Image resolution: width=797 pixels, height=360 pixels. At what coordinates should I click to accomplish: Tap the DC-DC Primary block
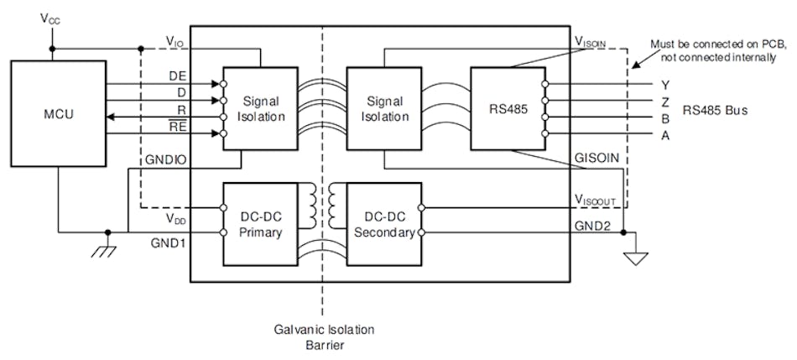259,222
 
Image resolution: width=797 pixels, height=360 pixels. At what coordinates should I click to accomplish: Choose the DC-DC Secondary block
383,222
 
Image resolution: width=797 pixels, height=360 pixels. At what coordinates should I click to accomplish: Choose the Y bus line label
665,84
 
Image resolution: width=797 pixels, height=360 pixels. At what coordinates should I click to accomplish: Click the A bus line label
665,134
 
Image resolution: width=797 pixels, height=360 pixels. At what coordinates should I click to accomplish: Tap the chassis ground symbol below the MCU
107,249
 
